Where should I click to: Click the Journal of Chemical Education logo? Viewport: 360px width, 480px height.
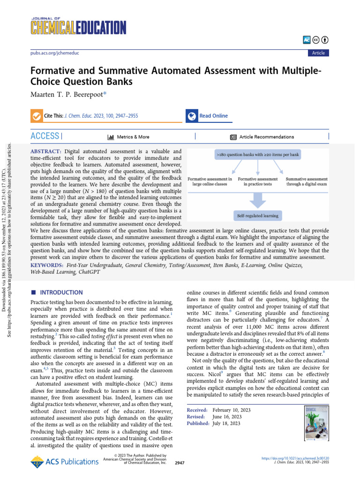pos(75,26)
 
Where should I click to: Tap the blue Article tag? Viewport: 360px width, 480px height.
pos(318,53)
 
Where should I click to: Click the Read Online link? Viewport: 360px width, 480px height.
pos(213,116)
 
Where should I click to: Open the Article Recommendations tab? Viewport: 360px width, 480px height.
pos(266,137)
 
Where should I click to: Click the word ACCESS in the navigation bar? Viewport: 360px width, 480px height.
pos(45,136)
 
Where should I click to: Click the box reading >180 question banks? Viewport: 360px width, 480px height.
pos(257,154)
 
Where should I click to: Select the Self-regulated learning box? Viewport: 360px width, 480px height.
pos(257,216)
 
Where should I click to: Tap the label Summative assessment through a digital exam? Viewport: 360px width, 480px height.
pos(306,181)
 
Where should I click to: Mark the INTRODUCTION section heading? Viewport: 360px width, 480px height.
pos(60,292)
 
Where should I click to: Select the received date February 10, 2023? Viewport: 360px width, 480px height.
pos(231,410)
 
